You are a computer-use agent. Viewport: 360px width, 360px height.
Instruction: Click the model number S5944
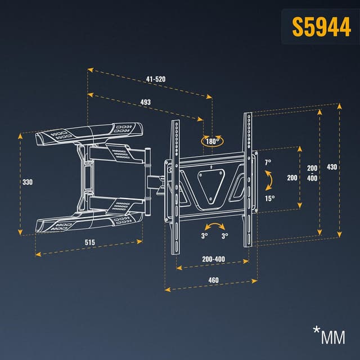(321, 27)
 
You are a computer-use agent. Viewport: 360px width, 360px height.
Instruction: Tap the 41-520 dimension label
(156, 79)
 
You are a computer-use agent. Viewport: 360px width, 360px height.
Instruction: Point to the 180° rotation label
(212, 141)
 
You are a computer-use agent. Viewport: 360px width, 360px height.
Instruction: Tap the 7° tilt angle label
(268, 162)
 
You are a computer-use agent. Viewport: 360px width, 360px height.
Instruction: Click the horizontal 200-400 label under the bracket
(213, 259)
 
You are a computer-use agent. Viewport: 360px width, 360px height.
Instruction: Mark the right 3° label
(224, 236)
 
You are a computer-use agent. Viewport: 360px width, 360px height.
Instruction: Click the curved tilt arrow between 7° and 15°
(270, 180)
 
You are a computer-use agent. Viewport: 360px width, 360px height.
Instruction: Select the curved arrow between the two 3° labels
(215, 227)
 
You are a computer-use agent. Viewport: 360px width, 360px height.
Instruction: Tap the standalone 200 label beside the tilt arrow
(292, 178)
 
